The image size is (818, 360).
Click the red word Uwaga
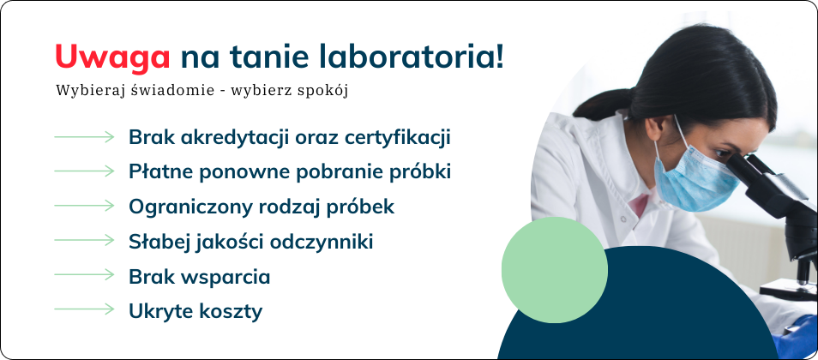click(112, 57)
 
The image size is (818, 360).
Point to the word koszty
click(232, 312)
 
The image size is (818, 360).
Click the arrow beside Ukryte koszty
click(84, 309)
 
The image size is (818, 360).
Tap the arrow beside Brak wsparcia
click(84, 275)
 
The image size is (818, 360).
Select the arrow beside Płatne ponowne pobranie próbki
click(84, 171)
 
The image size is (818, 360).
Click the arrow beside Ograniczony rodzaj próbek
click(84, 206)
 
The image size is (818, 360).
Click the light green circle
click(555, 270)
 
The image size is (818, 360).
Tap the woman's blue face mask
click(694, 177)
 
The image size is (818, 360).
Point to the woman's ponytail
click(605, 105)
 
